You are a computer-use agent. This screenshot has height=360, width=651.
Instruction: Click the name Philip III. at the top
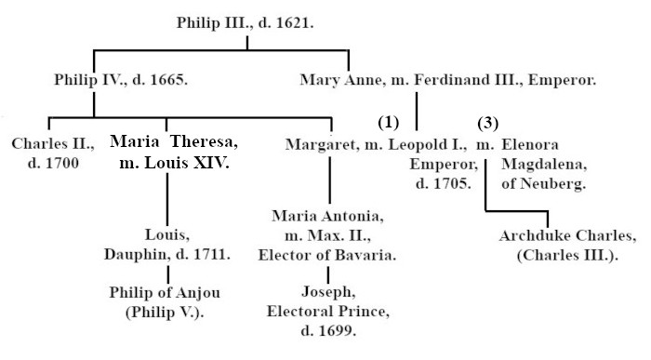[x=212, y=23]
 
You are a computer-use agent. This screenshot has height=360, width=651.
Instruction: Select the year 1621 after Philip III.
[x=294, y=23]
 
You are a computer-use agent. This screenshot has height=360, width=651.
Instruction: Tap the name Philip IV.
[x=90, y=79]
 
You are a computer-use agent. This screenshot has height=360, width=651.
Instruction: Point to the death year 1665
[x=168, y=79]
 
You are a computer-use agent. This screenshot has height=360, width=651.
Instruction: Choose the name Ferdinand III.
[x=468, y=80]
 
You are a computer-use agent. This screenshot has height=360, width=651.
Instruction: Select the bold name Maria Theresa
[x=174, y=142]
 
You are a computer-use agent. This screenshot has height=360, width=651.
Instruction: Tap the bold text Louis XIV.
[x=187, y=163]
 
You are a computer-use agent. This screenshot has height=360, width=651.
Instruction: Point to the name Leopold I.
[x=427, y=144]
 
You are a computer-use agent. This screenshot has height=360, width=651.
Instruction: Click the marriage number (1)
[x=388, y=122]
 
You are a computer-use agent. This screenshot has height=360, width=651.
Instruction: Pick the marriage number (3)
[x=488, y=124]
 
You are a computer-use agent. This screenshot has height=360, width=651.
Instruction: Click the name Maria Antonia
[x=327, y=217]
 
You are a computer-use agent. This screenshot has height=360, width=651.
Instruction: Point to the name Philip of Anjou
[x=165, y=293]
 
